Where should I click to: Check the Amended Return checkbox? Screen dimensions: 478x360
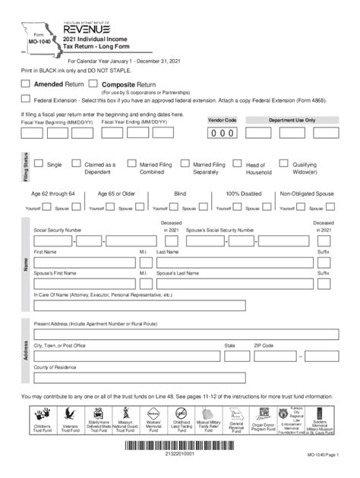(25, 83)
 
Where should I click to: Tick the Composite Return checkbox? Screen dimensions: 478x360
(93, 83)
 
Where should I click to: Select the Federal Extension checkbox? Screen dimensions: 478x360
(26, 99)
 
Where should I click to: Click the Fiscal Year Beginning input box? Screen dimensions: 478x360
(31, 133)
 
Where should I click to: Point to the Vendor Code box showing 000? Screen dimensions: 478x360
(222, 133)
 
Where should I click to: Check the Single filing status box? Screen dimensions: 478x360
(37, 163)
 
